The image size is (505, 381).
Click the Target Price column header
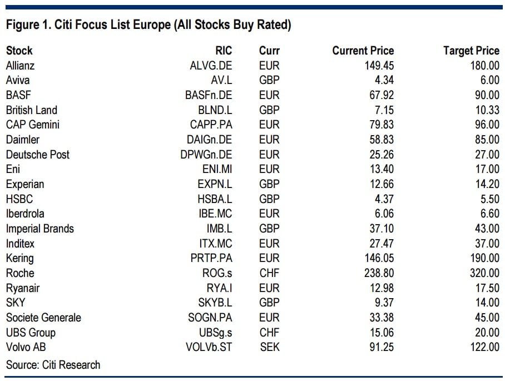(471, 51)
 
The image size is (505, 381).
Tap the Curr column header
(269, 51)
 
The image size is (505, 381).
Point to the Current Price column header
(363, 51)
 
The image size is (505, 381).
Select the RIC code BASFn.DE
(209, 95)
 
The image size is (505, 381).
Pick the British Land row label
(32, 110)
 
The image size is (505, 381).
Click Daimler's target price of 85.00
(485, 140)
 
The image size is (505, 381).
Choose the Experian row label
(25, 184)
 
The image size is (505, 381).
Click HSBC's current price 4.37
(382, 199)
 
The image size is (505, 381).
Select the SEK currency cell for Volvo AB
(269, 347)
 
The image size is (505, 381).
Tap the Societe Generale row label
(43, 318)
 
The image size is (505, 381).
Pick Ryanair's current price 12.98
(378, 288)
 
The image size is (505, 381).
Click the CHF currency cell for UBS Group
(269, 333)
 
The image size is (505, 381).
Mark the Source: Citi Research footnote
(53, 365)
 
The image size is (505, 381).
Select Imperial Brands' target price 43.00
(485, 229)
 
